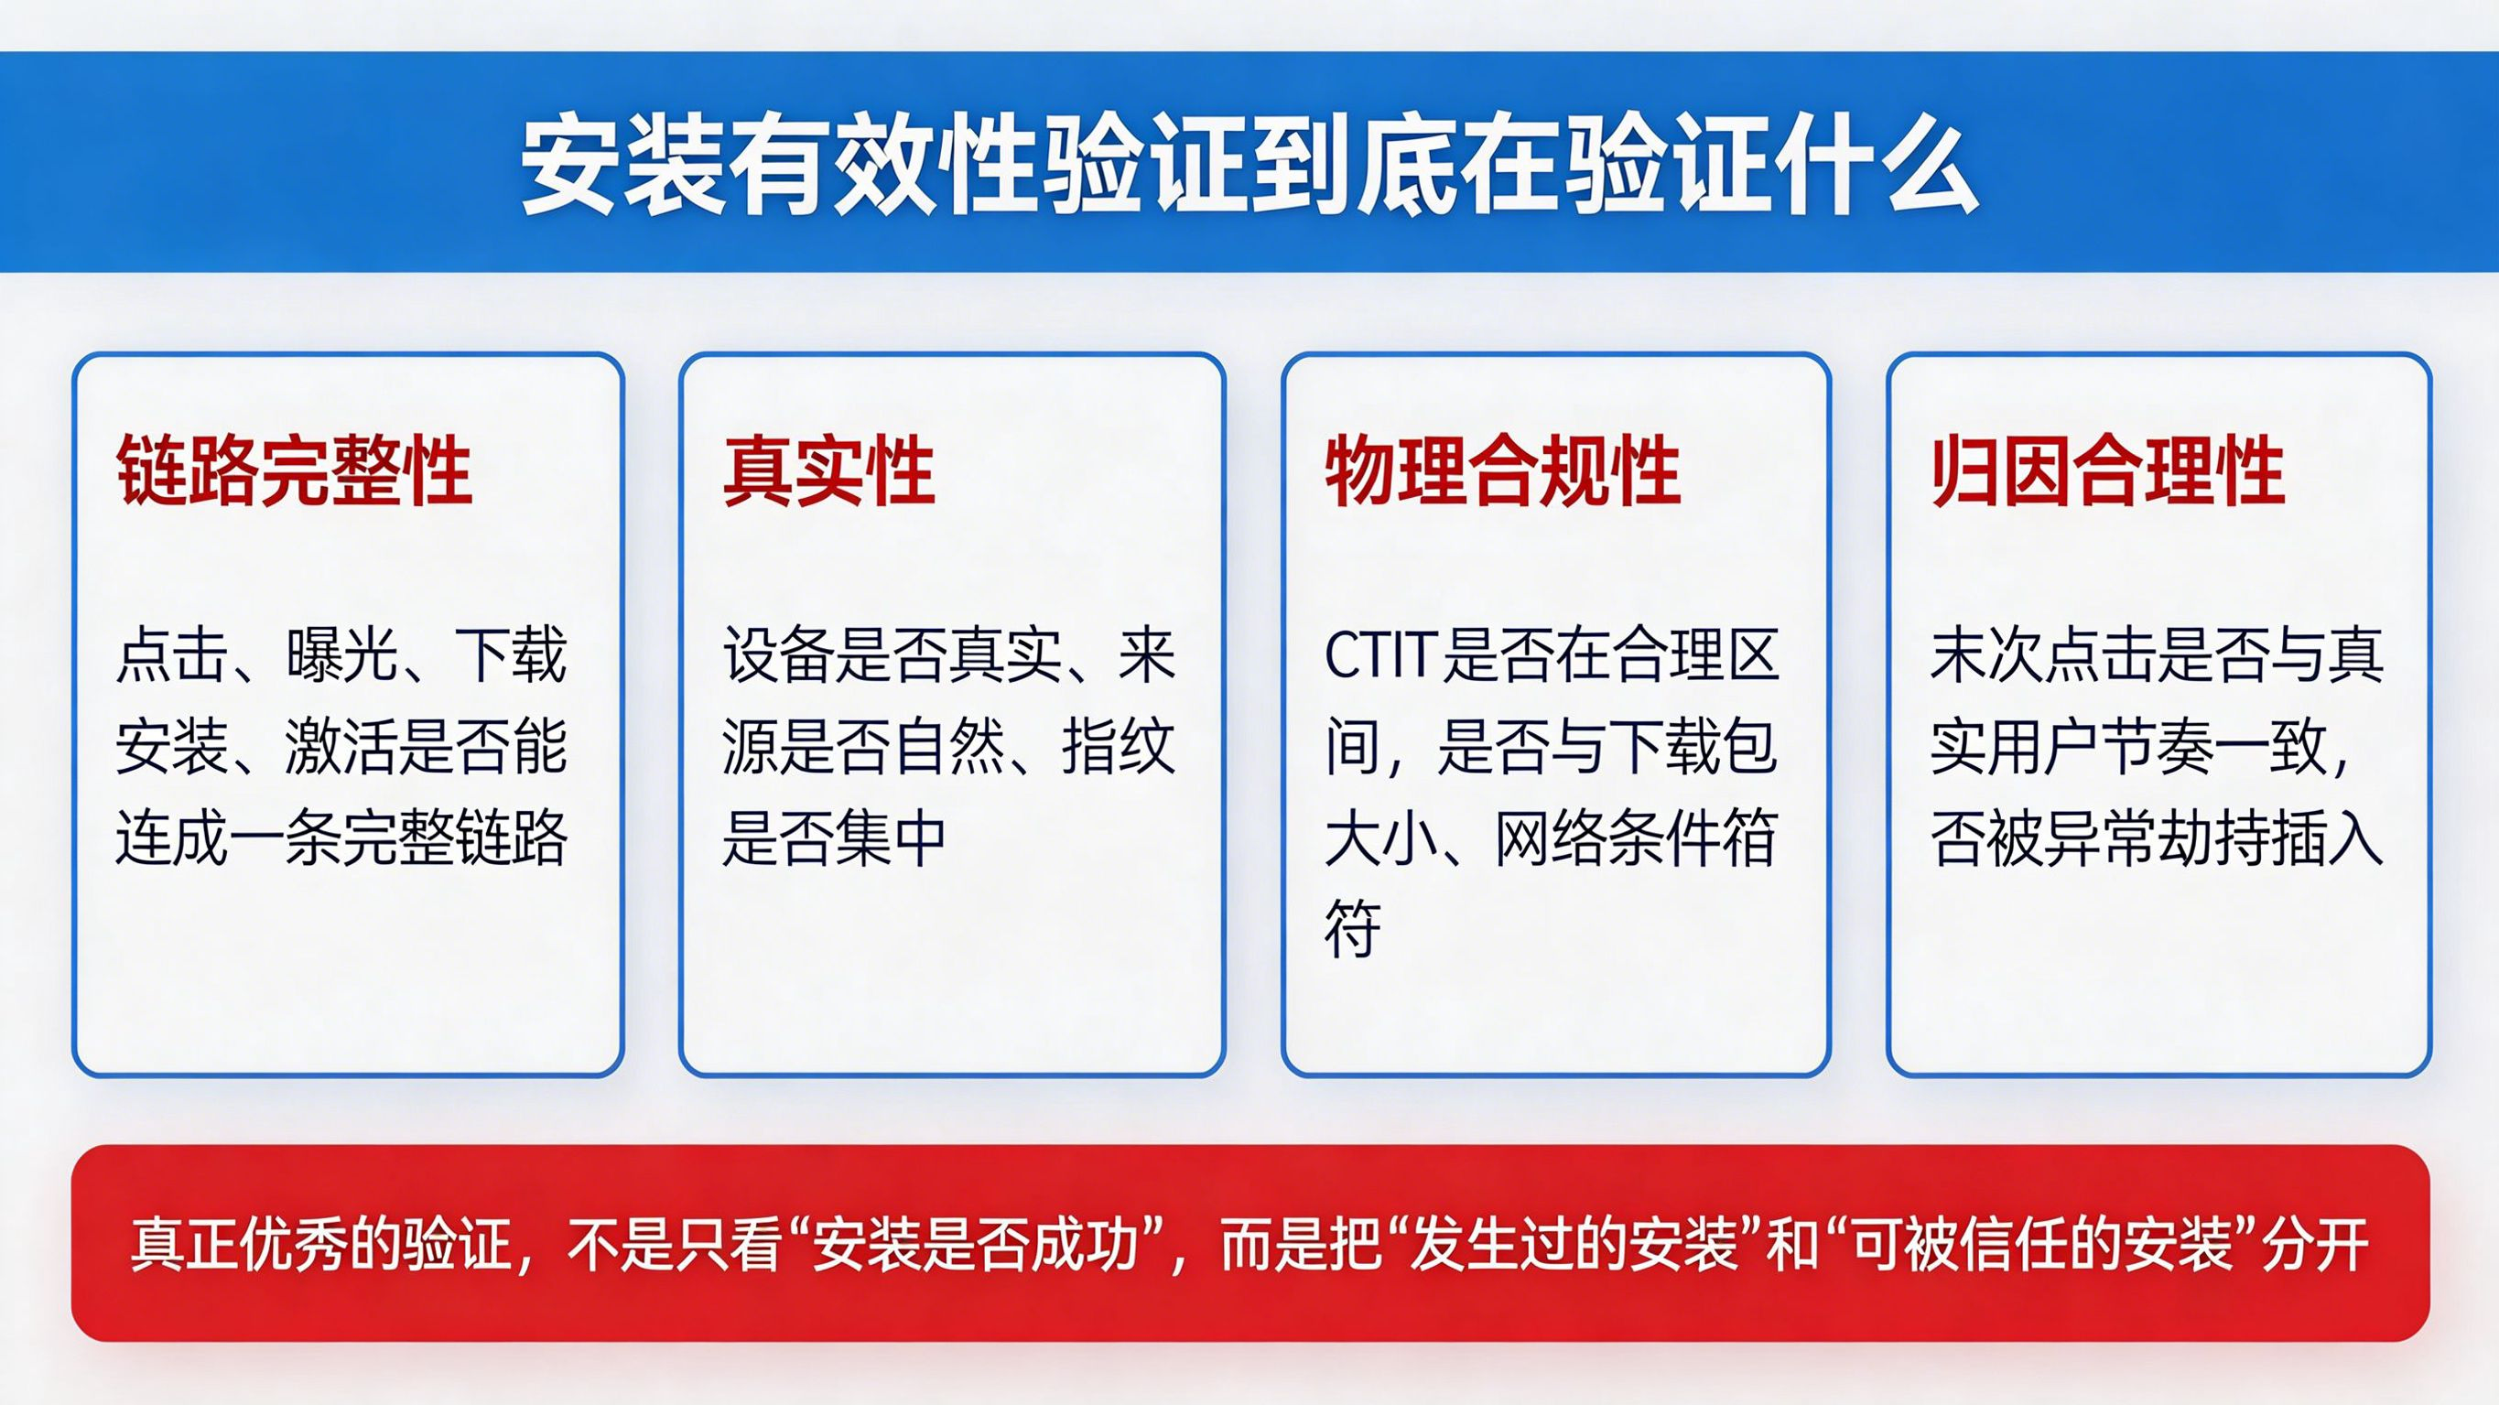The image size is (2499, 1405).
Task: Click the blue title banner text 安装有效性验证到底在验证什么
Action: click(1249, 166)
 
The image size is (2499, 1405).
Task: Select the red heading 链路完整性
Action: click(294, 471)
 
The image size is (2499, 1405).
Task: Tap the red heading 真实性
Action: click(829, 471)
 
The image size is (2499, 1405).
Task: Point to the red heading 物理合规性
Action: click(1503, 471)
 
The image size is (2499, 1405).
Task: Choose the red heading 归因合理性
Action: click(2108, 471)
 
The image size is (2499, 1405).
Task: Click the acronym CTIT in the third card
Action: click(1379, 657)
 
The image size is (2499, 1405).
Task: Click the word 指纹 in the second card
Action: click(1119, 747)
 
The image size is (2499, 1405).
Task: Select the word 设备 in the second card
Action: click(779, 657)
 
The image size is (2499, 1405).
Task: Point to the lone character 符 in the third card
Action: click(1352, 928)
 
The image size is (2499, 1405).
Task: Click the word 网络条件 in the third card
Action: click(1606, 838)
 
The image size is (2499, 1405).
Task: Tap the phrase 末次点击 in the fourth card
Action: click(2043, 657)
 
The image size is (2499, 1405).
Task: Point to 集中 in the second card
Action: click(891, 838)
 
